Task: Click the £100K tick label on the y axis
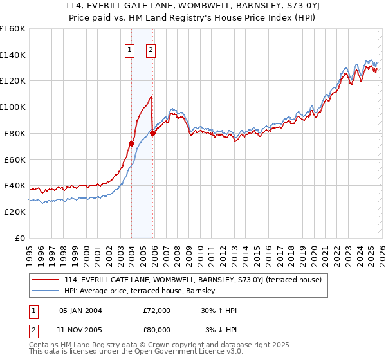pos(12,107)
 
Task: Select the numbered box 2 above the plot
pos(151,50)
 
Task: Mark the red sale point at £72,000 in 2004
pos(131,143)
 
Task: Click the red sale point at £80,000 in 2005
pos(152,133)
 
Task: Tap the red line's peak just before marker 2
pos(151,97)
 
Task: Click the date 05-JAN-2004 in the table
pos(80,310)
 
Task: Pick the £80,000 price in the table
pos(157,330)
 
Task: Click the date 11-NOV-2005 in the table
pos(80,330)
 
